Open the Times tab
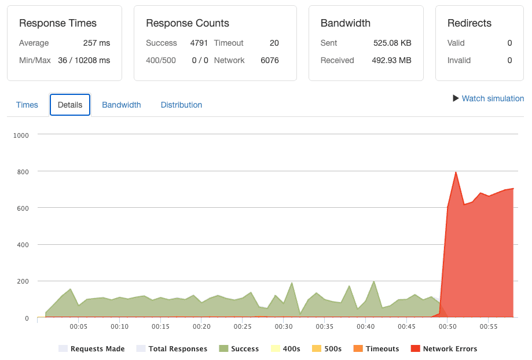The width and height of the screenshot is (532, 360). [27, 105]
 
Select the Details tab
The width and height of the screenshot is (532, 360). [70, 105]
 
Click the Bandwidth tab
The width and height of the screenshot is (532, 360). [122, 105]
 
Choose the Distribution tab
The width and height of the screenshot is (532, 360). [181, 105]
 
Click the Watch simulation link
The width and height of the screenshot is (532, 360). [489, 98]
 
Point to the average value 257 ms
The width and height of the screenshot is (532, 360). [97, 43]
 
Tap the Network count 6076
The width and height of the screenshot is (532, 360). [270, 60]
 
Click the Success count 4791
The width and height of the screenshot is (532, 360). [199, 43]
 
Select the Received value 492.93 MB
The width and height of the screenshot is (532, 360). [391, 60]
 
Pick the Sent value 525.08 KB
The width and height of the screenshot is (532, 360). [392, 43]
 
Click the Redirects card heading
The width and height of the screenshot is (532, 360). [469, 23]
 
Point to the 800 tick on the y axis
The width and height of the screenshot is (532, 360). [23, 172]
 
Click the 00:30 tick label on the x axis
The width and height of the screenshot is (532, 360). [284, 326]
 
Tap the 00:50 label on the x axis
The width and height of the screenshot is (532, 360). [447, 326]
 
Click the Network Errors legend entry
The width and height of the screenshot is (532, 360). [444, 349]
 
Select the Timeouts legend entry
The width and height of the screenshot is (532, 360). [376, 349]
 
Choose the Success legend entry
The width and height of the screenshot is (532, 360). [239, 349]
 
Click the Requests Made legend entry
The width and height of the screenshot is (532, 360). [91, 349]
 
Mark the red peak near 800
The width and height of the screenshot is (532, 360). [456, 172]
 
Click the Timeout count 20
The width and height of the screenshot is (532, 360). [274, 43]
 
